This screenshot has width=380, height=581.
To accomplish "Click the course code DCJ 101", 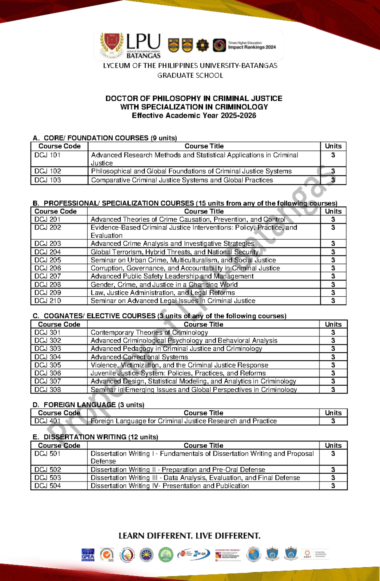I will [47, 155].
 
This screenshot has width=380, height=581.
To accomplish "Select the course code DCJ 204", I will [47, 252].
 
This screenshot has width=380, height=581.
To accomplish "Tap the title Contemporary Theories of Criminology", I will [149, 332].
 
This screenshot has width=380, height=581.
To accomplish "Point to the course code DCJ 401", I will [47, 421].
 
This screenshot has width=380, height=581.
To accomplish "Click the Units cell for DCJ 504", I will [333, 486].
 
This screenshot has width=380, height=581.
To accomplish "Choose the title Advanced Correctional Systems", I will [139, 357].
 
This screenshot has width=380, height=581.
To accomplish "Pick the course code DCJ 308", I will [47, 389].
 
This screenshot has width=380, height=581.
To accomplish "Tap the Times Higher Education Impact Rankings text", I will [252, 45].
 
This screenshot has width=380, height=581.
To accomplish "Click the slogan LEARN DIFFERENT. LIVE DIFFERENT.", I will [189, 536].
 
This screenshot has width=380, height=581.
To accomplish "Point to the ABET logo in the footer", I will [307, 554].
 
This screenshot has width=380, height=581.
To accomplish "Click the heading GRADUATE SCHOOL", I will [190, 75].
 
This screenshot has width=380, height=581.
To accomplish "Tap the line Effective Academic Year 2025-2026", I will [194, 116].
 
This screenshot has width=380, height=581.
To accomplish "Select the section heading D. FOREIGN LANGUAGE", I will [88, 405].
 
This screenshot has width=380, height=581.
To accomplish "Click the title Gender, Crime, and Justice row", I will [164, 284].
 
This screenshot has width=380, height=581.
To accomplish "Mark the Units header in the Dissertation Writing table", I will [333, 445].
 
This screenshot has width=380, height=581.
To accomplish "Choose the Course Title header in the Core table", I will [204, 146].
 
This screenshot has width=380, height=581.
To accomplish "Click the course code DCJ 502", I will [47, 470].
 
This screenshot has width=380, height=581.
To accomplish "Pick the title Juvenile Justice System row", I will [178, 373].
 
